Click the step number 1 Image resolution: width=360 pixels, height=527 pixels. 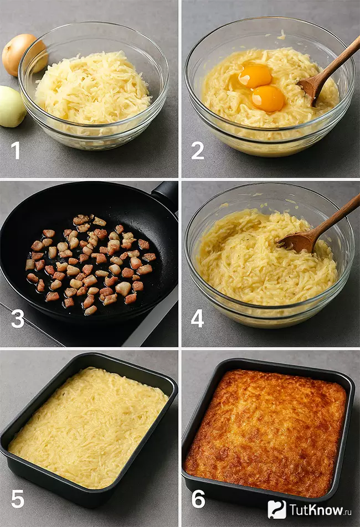(x=16, y=149)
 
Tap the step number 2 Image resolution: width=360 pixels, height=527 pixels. (x=198, y=150)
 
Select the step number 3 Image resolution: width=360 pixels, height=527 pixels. (x=18, y=319)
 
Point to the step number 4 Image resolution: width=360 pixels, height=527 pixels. (x=197, y=318)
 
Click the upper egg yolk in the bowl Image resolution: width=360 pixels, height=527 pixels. (x=255, y=76)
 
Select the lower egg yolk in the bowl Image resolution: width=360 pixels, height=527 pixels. (x=268, y=98)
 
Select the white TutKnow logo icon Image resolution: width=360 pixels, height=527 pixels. (x=277, y=509)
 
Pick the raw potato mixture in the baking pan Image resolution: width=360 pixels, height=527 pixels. (x=88, y=428)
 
